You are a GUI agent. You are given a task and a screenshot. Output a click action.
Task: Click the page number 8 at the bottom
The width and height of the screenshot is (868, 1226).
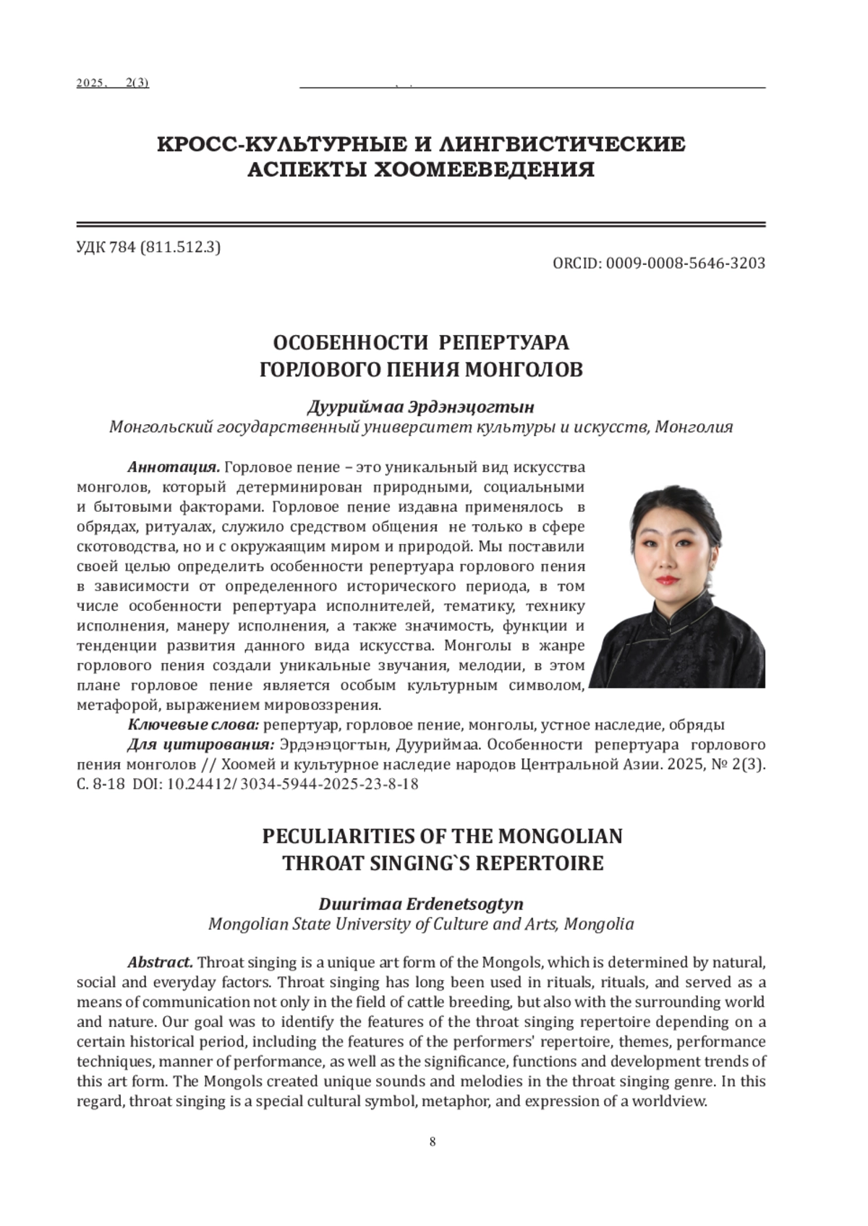(433, 1142)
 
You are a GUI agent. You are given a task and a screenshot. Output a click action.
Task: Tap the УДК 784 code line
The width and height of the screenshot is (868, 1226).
(148, 248)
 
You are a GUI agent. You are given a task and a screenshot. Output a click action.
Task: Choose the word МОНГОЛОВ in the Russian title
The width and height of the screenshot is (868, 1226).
(523, 370)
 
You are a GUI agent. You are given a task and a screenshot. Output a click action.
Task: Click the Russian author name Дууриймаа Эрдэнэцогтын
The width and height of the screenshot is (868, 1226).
(421, 407)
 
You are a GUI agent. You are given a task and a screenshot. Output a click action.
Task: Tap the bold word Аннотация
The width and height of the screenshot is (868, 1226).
(174, 467)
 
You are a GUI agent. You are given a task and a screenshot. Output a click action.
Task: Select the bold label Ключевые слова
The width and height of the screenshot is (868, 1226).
(193, 724)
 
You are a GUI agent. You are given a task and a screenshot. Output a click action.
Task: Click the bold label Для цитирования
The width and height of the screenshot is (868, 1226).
(201, 745)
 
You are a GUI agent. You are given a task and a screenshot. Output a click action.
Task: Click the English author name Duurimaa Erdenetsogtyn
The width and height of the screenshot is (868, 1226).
(421, 904)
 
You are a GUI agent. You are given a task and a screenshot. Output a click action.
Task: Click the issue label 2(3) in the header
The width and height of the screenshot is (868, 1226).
(137, 83)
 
